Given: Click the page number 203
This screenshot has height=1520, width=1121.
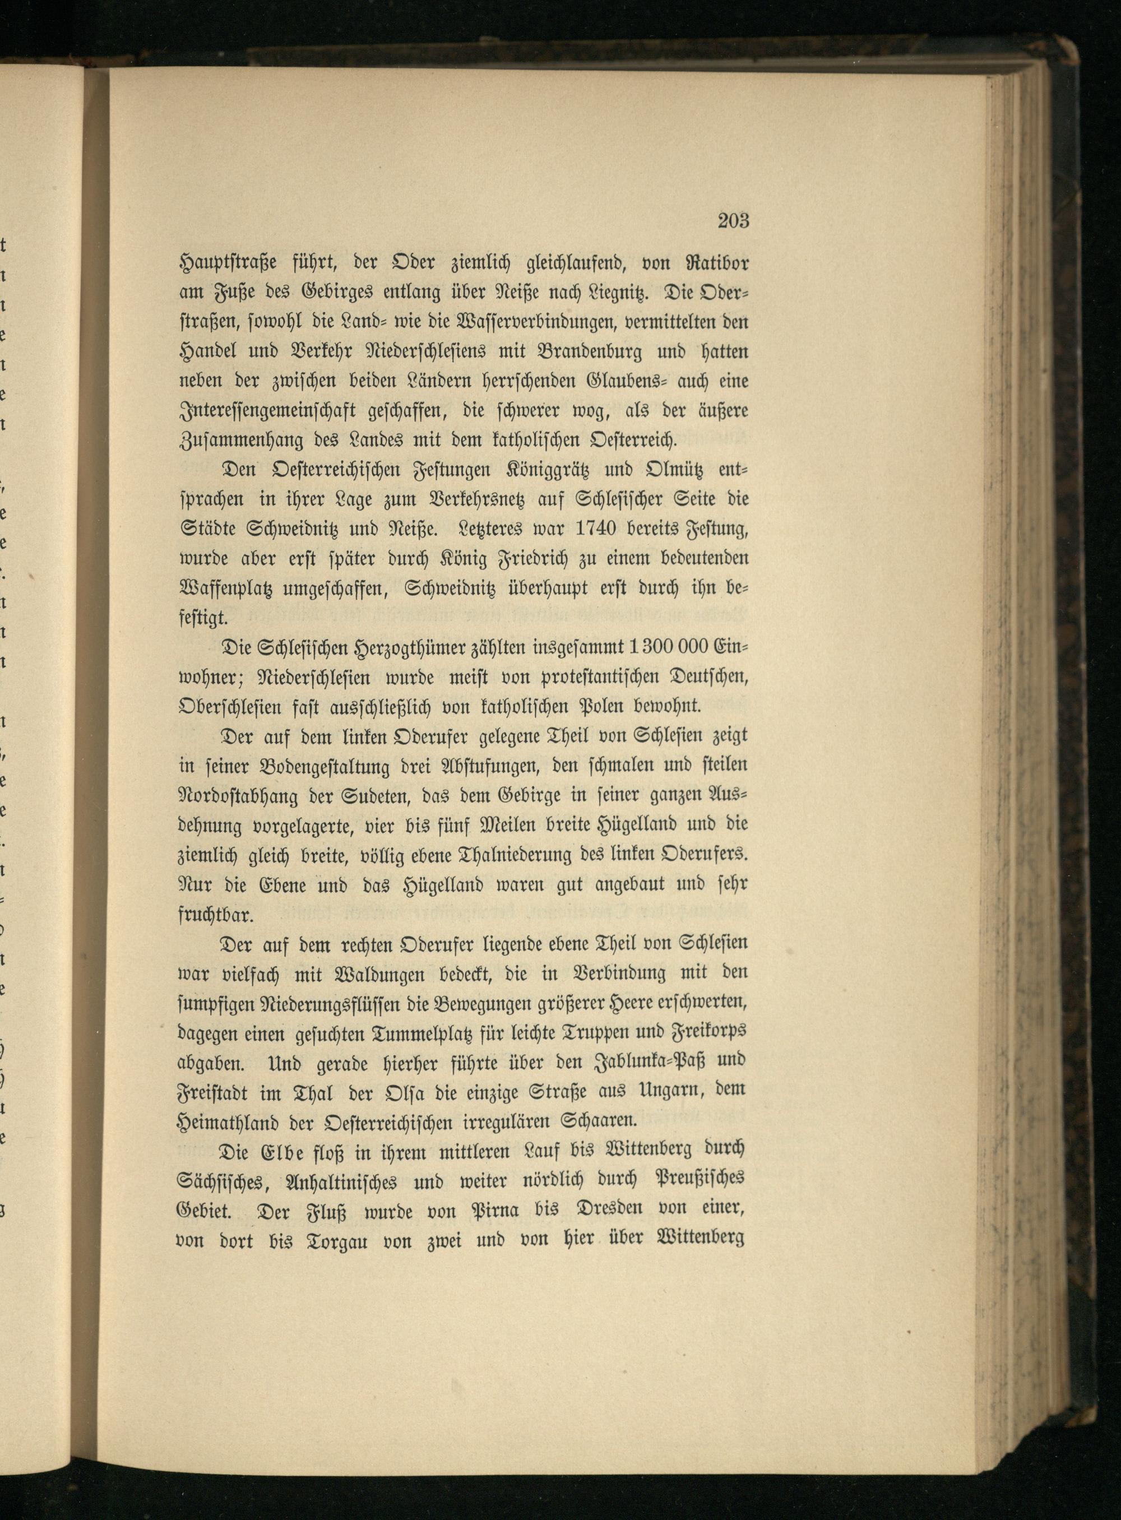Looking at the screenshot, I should pos(732,220).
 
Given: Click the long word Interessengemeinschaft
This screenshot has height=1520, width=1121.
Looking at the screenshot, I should pos(297,412).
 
